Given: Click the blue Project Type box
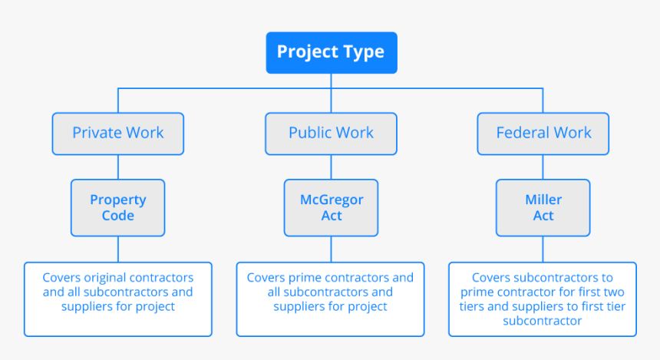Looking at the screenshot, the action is point(332,53).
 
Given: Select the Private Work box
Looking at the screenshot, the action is point(118,134).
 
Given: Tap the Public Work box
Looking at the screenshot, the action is point(331,134).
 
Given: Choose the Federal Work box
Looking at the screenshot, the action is point(543,134).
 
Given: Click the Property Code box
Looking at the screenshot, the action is point(118,207).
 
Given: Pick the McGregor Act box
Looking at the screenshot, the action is point(331,207).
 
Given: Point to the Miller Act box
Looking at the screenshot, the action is point(543,207).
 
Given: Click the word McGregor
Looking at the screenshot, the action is point(332,200).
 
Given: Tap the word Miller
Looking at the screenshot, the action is point(543,200).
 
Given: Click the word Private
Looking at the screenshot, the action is point(97,133).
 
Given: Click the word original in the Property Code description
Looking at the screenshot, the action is point(99,278).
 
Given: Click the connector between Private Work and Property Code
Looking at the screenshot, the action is point(118,167).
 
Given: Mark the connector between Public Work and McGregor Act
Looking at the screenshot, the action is point(331,167).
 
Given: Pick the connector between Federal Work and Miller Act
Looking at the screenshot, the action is point(543,167).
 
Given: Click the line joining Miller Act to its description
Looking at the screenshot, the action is point(543,249).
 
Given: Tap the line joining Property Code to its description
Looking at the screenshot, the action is point(118,249).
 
